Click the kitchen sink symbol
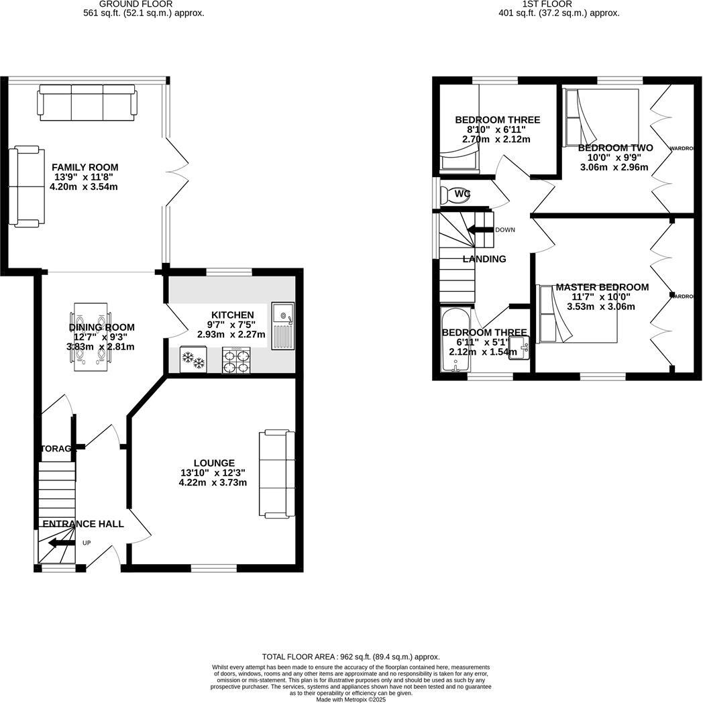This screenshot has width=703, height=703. [x=282, y=325]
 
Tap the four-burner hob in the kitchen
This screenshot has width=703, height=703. [x=236, y=360]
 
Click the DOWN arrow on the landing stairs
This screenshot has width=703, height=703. [x=480, y=230]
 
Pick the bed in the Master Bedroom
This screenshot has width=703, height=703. [x=577, y=313]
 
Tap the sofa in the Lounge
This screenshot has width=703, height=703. [x=277, y=474]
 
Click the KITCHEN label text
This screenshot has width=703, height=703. [x=232, y=315]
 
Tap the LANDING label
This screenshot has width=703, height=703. [x=484, y=259]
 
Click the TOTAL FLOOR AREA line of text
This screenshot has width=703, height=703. [x=350, y=657]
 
